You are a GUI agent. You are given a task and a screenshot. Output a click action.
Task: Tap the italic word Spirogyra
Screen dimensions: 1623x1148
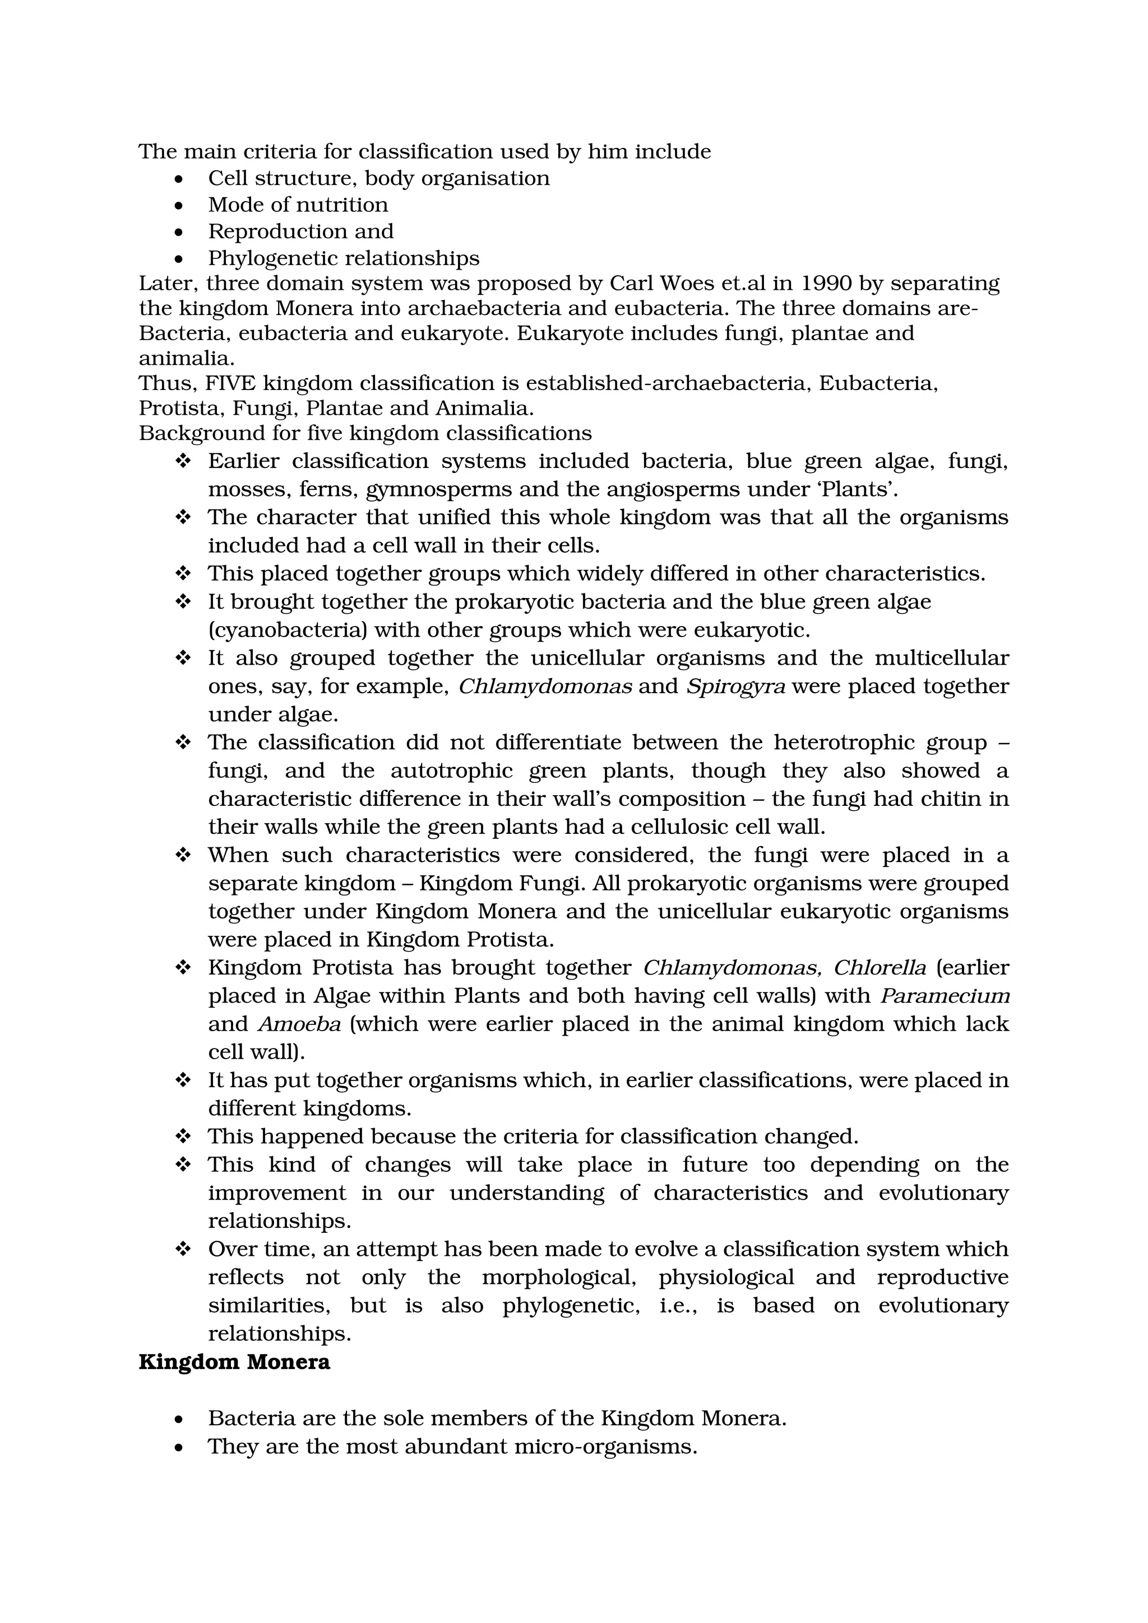click(735, 687)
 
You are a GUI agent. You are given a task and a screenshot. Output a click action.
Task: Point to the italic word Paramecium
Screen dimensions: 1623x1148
click(945, 996)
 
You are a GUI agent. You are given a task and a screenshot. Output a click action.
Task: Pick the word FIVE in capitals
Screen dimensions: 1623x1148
click(230, 383)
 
